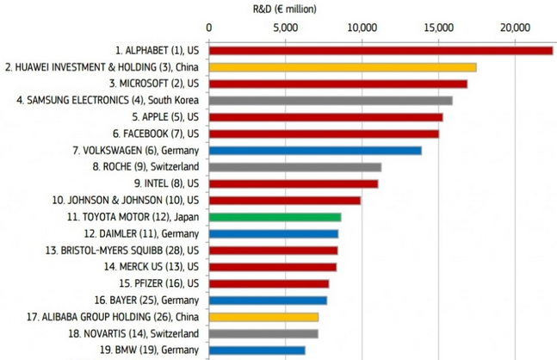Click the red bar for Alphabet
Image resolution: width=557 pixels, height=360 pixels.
point(380,51)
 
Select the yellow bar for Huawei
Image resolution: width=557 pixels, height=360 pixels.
point(342,67)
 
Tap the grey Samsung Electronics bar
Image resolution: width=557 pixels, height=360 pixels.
point(330,101)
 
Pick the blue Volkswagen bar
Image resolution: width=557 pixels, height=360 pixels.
point(314,151)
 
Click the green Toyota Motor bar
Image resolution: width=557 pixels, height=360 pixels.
point(274,217)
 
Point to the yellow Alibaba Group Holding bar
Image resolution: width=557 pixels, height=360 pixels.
point(263,317)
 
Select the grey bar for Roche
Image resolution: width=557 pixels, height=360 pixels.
point(294,167)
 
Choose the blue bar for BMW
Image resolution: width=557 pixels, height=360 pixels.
point(256,351)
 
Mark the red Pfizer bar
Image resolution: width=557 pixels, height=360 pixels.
point(268,283)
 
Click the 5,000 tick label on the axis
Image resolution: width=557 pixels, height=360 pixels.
point(285,28)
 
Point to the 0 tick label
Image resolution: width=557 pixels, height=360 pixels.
point(208,28)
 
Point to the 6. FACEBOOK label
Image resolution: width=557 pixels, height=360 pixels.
point(156,133)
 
